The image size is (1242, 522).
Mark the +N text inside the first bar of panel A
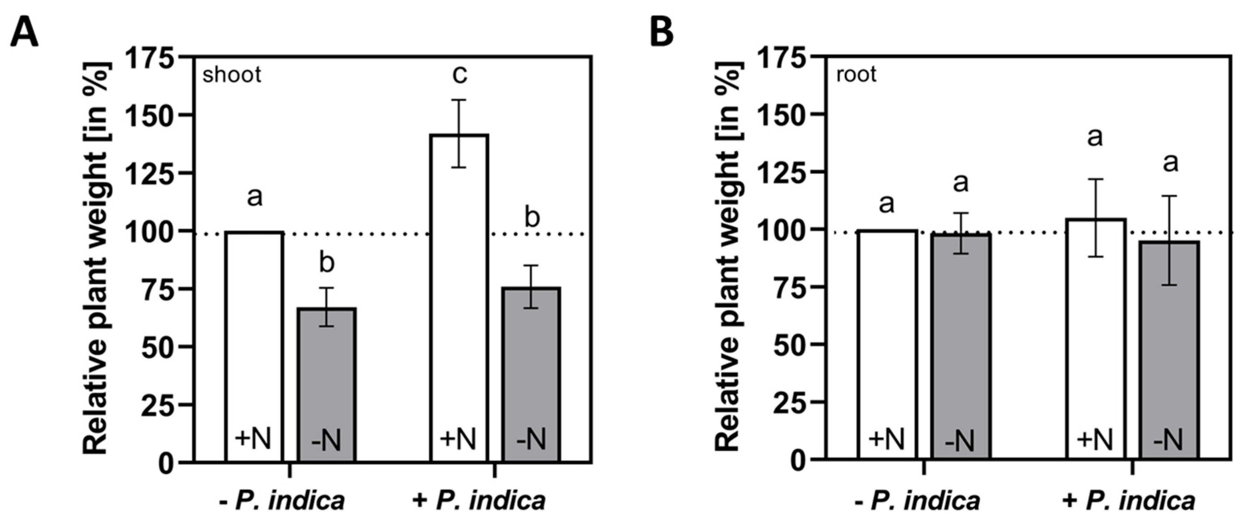click(x=254, y=439)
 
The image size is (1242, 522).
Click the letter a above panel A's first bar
click(x=255, y=197)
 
